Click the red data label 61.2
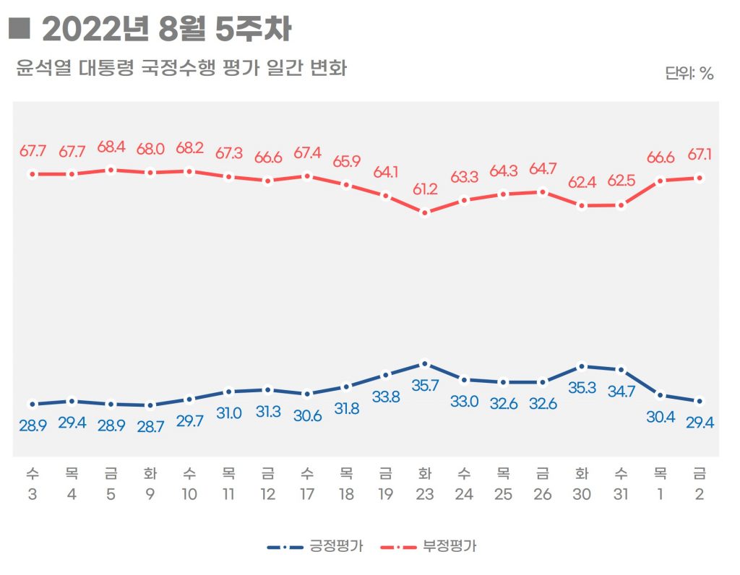tap(425, 189)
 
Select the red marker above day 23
tap(425, 212)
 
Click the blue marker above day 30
tap(582, 366)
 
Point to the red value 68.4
tap(111, 147)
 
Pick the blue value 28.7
tap(150, 426)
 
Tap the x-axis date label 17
tap(307, 495)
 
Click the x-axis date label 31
tap(621, 495)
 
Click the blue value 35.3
tap(582, 387)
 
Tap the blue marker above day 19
tap(386, 374)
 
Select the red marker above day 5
tap(111, 170)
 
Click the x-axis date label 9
tap(150, 495)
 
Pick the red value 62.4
tap(582, 182)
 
